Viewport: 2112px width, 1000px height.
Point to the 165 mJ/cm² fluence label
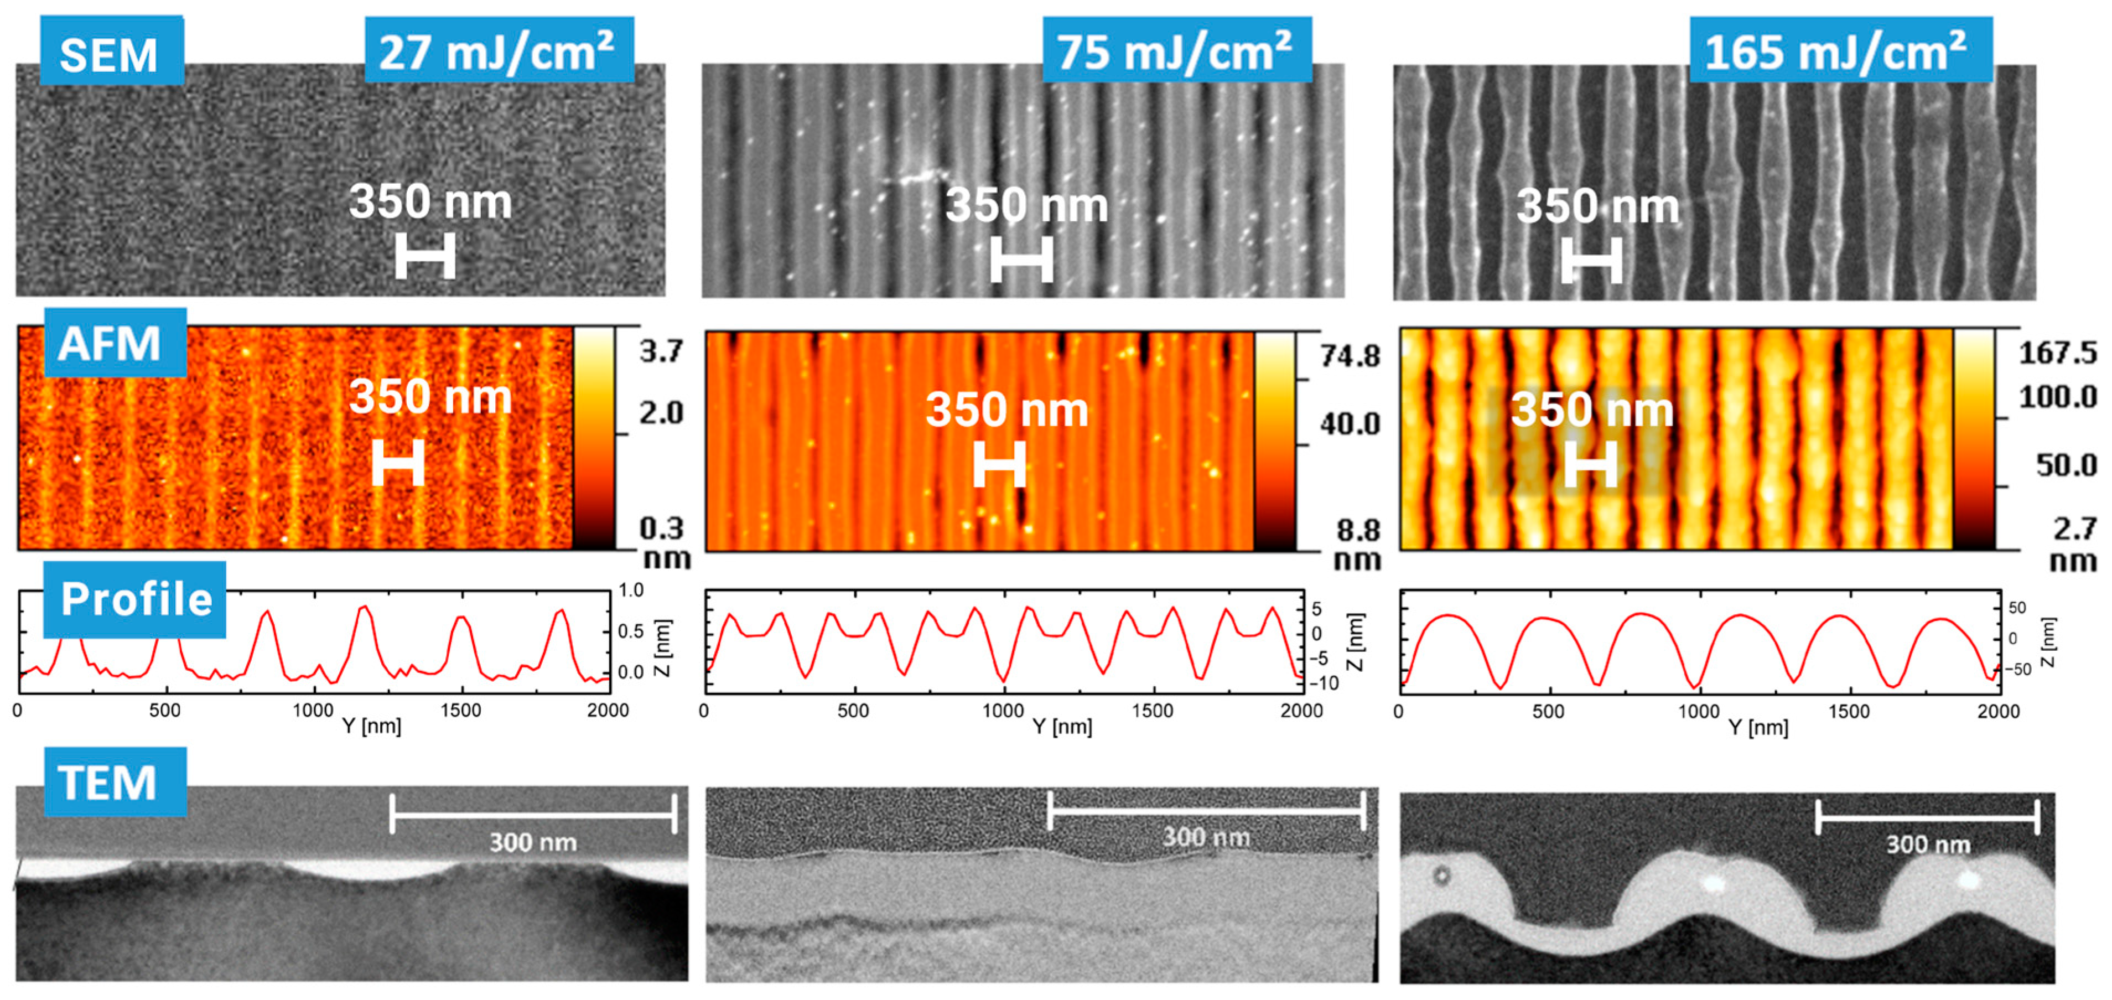pos(1839,51)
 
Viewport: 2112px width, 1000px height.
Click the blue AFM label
pos(113,343)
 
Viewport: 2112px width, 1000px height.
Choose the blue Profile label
pos(134,599)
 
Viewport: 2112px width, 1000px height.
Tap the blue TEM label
pos(113,782)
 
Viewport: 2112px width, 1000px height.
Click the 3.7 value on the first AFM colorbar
pos(661,351)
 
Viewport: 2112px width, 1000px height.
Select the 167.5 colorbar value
pos(2057,353)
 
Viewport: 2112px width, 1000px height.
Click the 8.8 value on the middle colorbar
pos(1358,530)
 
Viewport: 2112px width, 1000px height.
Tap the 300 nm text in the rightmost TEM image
pos(1928,844)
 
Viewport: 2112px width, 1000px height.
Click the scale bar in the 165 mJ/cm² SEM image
pos(1591,261)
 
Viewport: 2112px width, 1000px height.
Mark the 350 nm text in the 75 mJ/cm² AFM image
pos(1007,410)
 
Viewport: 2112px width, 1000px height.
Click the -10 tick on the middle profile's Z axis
pos(1322,683)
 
